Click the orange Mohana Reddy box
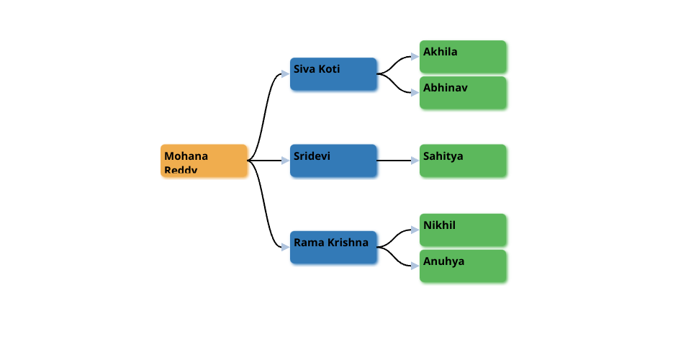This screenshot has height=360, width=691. [x=204, y=161]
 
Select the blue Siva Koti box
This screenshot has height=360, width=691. [x=333, y=74]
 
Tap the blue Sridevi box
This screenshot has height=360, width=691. [x=333, y=161]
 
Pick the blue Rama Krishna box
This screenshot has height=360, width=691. [x=333, y=247]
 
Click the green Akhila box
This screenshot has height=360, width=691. [x=463, y=56]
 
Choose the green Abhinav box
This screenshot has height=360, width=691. [x=463, y=92]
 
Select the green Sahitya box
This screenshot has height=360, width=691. [x=463, y=161]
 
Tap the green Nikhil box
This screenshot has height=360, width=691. [x=463, y=230]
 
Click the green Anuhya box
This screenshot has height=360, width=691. [x=463, y=266]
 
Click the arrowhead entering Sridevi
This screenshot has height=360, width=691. [x=286, y=161]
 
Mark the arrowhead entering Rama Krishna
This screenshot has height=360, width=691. [x=286, y=247]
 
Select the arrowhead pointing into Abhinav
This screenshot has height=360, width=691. [x=415, y=92]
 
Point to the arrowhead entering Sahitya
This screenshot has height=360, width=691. [x=415, y=161]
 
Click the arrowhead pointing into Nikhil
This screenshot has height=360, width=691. [x=415, y=230]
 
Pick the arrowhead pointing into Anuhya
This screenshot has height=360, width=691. [x=415, y=266]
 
